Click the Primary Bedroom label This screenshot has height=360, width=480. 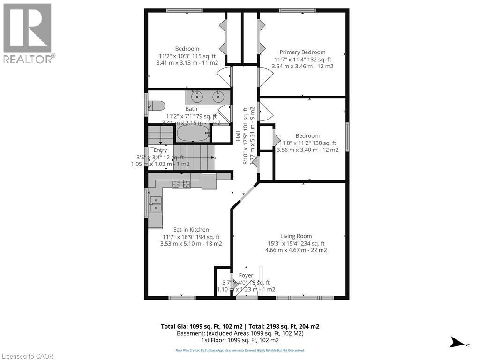(302, 52)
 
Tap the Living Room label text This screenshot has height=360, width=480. (296, 236)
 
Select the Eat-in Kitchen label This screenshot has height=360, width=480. (191, 230)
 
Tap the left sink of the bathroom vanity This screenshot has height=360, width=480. (197, 97)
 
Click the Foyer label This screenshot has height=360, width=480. (246, 276)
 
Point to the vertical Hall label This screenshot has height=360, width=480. (238, 136)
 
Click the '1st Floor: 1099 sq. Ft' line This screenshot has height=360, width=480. (240, 340)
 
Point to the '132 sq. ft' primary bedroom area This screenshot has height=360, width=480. (316, 60)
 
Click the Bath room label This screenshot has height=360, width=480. (191, 109)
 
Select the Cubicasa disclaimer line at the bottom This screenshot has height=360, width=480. (240, 350)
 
